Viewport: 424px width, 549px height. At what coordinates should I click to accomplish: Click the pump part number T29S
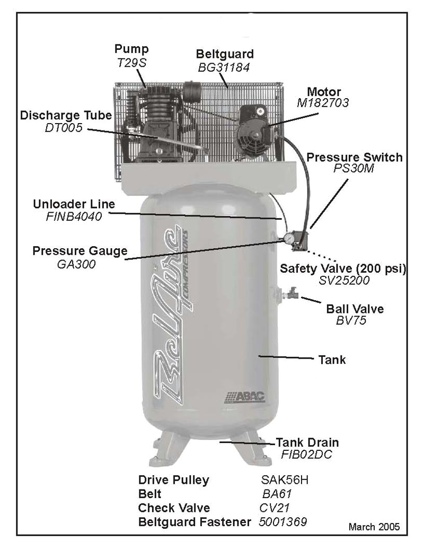click(x=132, y=62)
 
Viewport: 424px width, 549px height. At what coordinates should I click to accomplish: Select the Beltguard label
click(x=225, y=54)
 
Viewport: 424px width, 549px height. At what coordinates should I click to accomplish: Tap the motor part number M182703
click(x=323, y=103)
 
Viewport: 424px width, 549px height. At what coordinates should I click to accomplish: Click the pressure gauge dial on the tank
click(x=288, y=239)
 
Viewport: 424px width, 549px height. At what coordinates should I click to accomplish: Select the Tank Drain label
click(x=307, y=442)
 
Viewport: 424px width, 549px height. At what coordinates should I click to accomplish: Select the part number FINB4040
click(x=74, y=216)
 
